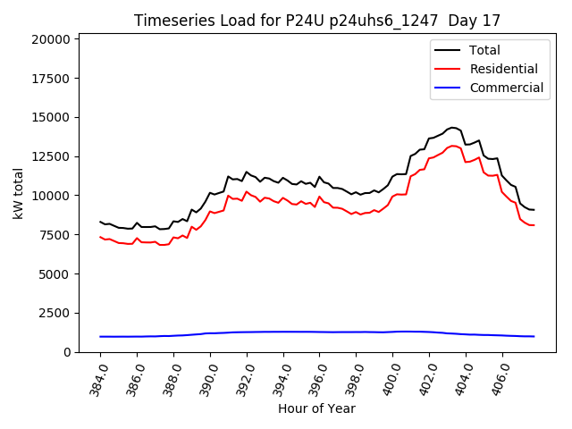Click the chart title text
click(317, 21)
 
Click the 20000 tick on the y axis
click(50, 39)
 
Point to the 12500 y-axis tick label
click(50, 156)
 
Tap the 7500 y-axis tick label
click(54, 235)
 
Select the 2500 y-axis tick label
click(54, 313)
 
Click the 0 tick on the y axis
click(66, 352)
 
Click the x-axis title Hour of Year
click(317, 408)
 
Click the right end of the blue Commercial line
click(534, 336)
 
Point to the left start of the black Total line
click(100, 222)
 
